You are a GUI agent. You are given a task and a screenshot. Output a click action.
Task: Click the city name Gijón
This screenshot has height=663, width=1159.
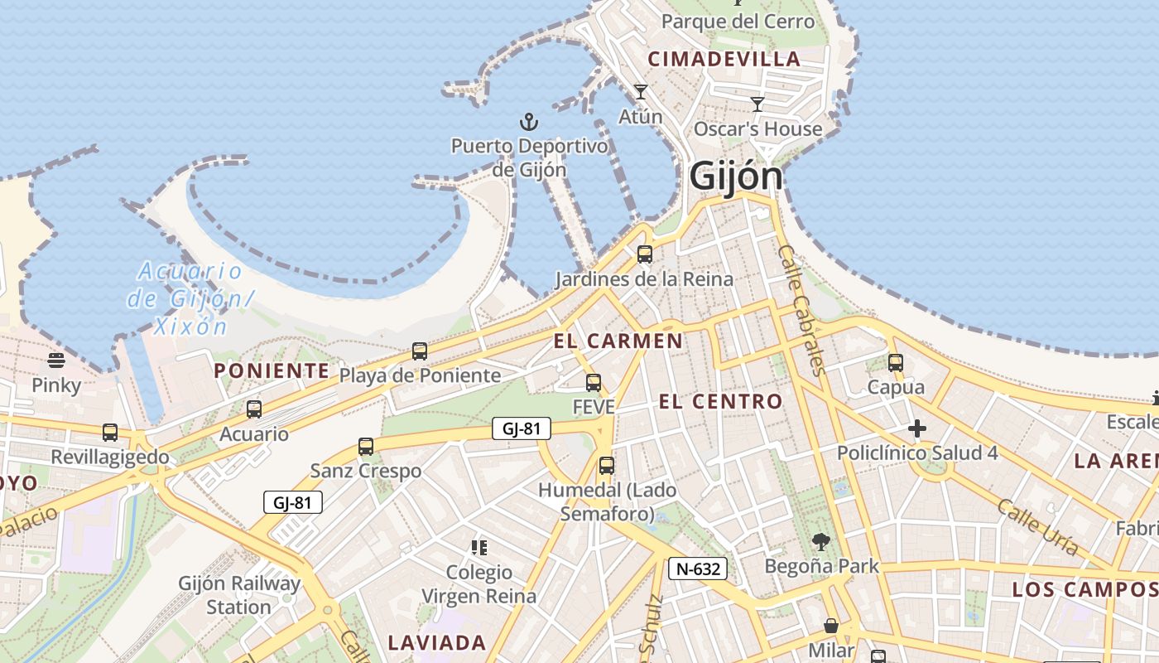735,177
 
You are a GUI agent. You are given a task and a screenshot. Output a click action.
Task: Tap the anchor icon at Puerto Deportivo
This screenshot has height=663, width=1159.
529,123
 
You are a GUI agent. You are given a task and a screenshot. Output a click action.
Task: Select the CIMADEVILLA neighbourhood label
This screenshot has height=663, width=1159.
724,59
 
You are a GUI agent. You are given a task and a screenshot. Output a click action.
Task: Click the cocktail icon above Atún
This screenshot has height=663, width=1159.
641,92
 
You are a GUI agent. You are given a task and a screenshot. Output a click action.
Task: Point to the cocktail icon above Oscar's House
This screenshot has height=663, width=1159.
757,104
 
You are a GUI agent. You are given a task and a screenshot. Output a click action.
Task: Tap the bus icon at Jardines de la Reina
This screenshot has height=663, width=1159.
644,254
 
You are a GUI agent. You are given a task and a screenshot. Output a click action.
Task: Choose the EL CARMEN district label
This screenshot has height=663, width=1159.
618,341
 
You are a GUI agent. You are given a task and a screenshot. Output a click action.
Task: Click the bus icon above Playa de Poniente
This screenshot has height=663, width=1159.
420,351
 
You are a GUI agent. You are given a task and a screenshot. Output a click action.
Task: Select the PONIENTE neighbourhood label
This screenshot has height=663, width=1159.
272,370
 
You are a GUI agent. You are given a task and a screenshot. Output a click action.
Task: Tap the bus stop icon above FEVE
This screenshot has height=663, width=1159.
594,383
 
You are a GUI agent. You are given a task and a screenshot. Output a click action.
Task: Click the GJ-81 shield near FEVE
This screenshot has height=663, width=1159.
521,428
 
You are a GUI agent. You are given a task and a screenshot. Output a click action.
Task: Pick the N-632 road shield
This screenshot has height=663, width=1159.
698,569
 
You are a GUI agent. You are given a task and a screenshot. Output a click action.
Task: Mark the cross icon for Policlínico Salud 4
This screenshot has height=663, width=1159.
916,428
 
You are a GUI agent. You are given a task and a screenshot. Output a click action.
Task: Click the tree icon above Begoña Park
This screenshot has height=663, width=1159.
821,542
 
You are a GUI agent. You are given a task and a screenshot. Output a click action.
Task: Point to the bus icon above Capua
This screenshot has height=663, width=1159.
896,363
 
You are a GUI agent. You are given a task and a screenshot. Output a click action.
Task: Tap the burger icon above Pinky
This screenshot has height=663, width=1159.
56,361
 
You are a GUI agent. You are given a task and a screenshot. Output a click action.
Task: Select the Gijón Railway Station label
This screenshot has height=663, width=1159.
239,595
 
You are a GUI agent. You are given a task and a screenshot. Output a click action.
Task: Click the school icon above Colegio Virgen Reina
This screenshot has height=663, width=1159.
479,547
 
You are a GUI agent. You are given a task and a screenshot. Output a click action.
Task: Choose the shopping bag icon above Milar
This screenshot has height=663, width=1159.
831,626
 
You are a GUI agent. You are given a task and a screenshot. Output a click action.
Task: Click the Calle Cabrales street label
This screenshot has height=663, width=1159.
802,310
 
